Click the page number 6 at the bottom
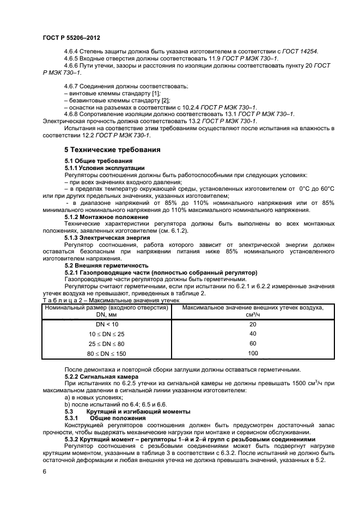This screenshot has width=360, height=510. [44, 470]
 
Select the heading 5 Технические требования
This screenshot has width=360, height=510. [112, 149]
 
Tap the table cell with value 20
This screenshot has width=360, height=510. [252, 324]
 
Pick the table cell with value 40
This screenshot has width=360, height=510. [252, 333]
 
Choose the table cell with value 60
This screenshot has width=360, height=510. [252, 343]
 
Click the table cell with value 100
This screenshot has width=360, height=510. [252, 353]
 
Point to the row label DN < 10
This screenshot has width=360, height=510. [107, 324]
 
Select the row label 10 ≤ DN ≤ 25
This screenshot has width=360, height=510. [107, 333]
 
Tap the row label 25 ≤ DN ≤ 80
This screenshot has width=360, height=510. [107, 343]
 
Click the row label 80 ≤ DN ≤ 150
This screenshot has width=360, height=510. [107, 353]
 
